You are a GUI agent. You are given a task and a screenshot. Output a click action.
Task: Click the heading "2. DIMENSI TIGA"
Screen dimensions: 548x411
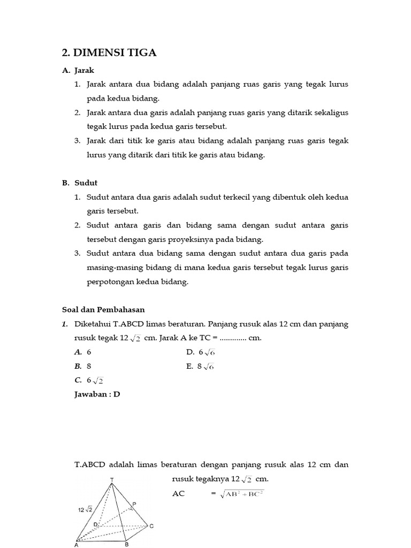click(x=109, y=52)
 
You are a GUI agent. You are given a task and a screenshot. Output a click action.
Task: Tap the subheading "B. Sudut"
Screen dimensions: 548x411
click(x=79, y=182)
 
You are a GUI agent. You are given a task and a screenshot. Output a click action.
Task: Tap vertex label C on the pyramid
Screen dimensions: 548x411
click(x=151, y=527)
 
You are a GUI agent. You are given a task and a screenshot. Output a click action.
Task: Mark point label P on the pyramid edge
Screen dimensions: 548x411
click(x=134, y=504)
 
